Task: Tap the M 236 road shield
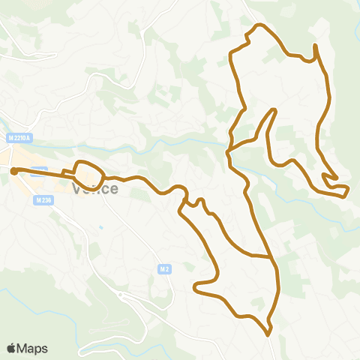click(x=42, y=200)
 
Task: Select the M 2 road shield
click(x=165, y=268)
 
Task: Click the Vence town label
click(x=95, y=188)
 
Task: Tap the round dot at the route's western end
click(x=13, y=170)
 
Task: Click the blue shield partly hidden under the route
click(x=40, y=171)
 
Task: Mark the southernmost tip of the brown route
click(x=269, y=331)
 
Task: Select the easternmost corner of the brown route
click(x=348, y=190)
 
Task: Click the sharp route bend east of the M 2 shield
click(x=196, y=286)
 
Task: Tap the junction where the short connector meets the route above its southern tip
click(x=271, y=256)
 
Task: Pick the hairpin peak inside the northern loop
click(x=274, y=111)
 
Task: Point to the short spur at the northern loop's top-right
click(x=315, y=48)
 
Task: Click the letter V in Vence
click(x=76, y=188)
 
